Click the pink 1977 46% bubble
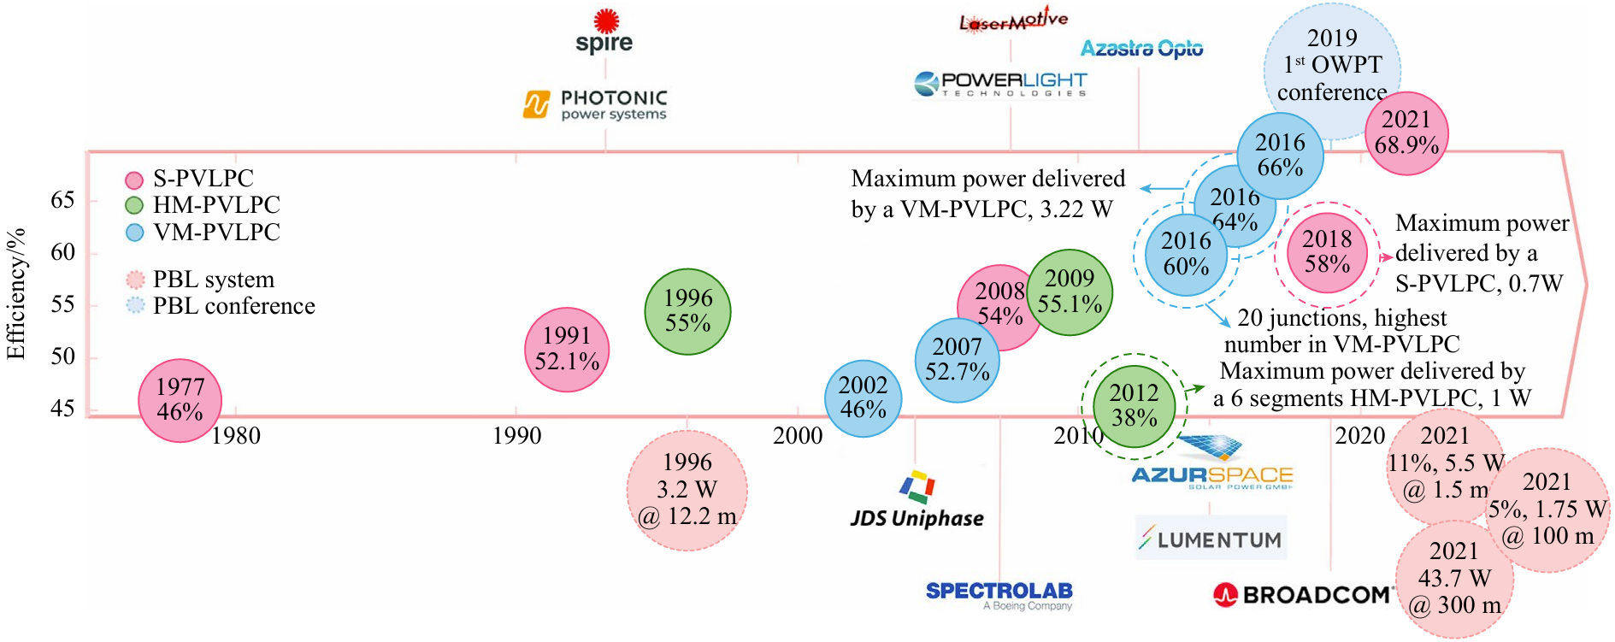pyautogui.click(x=180, y=400)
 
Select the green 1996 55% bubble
pyautogui.click(x=687, y=311)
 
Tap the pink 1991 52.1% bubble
pyautogui.click(x=567, y=350)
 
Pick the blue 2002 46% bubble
pyautogui.click(x=863, y=398)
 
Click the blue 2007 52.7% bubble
pyautogui.click(x=957, y=360)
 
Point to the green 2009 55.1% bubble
pyautogui.click(x=1070, y=292)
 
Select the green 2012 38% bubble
pyautogui.click(x=1134, y=406)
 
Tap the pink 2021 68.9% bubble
pyautogui.click(x=1406, y=133)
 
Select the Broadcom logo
pyautogui.click(x=1303, y=594)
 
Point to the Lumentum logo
pyautogui.click(x=1211, y=539)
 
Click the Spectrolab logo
pyautogui.click(x=999, y=593)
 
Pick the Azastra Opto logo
pyautogui.click(x=1141, y=49)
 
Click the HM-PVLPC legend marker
pyautogui.click(x=134, y=205)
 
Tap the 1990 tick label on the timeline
pyautogui.click(x=516, y=436)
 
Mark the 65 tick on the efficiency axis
pyautogui.click(x=62, y=200)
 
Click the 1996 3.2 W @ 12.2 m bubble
pyautogui.click(x=687, y=490)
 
